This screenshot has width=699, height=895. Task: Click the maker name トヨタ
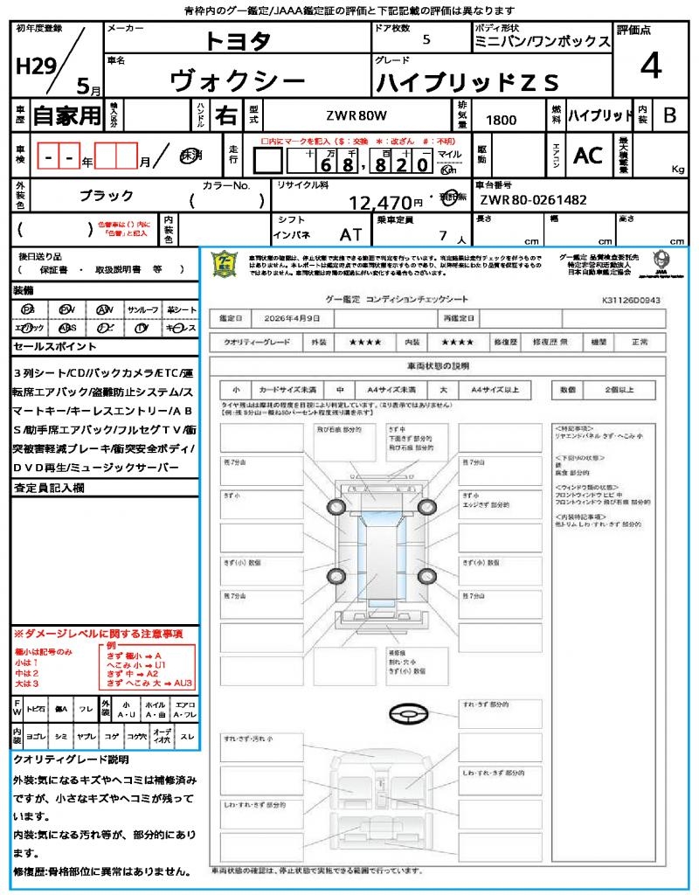tap(238, 40)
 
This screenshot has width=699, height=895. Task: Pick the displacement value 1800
tap(501, 120)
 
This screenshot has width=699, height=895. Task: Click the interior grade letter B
tap(668, 115)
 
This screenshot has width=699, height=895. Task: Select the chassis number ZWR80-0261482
tap(532, 200)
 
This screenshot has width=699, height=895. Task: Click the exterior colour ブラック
tap(107, 196)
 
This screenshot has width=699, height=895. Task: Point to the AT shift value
tap(350, 234)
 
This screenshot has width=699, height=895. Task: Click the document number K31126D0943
tap(630, 300)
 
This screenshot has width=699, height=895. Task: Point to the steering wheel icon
tap(407, 714)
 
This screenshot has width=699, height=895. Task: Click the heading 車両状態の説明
tap(438, 365)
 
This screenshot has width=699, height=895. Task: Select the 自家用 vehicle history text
tap(66, 115)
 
